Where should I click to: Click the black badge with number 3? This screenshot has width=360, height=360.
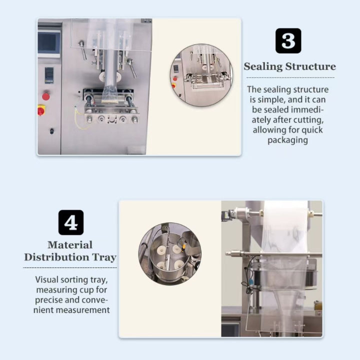point(288,41)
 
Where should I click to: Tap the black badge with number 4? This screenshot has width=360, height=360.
point(71,222)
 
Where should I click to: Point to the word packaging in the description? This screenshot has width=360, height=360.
point(288,140)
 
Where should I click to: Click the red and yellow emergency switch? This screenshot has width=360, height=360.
point(41,110)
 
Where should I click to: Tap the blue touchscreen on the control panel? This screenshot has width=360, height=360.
point(49,43)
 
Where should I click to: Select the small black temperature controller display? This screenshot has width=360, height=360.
point(48,75)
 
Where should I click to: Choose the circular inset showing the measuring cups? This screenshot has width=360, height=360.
point(169,253)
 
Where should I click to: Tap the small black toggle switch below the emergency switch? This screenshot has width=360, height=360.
point(51,131)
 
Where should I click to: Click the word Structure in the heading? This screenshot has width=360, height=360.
point(311,67)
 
